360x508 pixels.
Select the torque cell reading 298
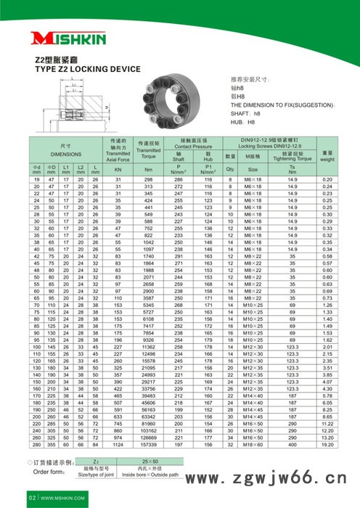pos(148,179)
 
